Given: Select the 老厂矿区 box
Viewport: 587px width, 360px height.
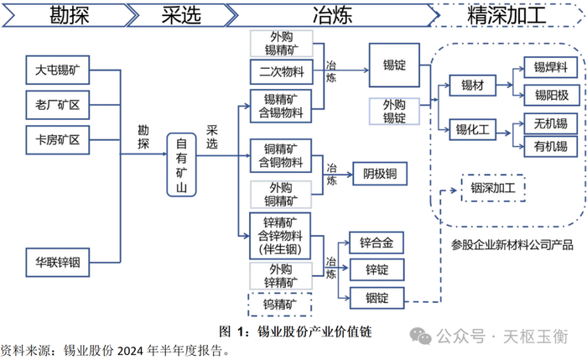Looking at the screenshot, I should (x=57, y=104).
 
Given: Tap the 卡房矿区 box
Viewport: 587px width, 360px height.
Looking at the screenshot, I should (x=57, y=138).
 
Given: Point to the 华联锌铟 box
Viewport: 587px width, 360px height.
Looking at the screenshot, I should (x=57, y=263).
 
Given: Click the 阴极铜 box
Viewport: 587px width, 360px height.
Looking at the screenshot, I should (x=379, y=175).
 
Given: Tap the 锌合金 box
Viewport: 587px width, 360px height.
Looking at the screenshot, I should (x=377, y=243).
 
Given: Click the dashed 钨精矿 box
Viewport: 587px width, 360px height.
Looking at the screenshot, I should (x=281, y=303).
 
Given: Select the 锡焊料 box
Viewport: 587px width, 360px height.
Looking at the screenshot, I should (x=545, y=66).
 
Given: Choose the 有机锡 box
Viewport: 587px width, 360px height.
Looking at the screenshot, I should (x=545, y=148).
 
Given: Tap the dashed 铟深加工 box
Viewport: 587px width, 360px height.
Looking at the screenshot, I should (x=493, y=188).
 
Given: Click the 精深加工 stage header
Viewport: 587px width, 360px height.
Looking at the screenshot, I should (x=507, y=14).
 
